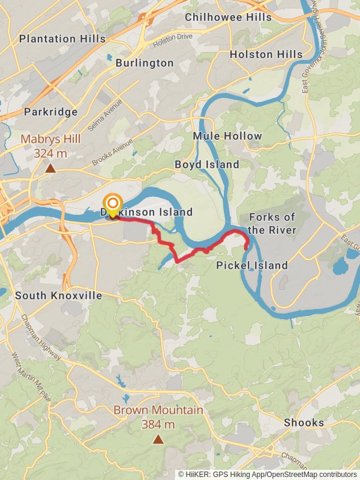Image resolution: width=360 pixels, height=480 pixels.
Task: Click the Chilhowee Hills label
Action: pyautogui.click(x=228, y=17)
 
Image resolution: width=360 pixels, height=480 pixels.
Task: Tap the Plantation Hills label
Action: pyautogui.click(x=62, y=39)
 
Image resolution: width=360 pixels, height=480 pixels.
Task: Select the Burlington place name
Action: pyautogui.click(x=145, y=63)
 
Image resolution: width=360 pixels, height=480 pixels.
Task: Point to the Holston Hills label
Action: pyautogui.click(x=266, y=55)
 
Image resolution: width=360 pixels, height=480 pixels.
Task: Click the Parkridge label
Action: pyautogui.click(x=51, y=112)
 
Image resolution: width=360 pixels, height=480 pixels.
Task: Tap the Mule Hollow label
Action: pyautogui.click(x=227, y=136)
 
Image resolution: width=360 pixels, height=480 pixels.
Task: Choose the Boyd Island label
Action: pyautogui.click(x=207, y=164)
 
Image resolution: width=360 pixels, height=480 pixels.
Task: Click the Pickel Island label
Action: pyautogui.click(x=252, y=265)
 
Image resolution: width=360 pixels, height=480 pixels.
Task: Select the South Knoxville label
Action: pyautogui.click(x=59, y=296)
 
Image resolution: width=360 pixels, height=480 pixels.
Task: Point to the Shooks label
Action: pyautogui.click(x=304, y=422)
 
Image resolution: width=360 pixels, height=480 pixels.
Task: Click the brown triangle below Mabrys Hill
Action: pyautogui.click(x=51, y=169)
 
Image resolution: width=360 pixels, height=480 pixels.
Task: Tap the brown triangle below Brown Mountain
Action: pyautogui.click(x=158, y=439)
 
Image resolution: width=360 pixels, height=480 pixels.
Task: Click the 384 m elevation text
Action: pyautogui.click(x=158, y=425)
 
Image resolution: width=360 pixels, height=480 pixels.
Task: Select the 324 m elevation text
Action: pyautogui.click(x=51, y=154)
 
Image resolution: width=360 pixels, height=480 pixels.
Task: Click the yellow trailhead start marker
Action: pyautogui.click(x=112, y=204)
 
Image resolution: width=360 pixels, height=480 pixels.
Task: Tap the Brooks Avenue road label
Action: pyautogui.click(x=112, y=153)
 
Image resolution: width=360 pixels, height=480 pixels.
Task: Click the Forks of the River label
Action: pyautogui.click(x=272, y=223)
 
